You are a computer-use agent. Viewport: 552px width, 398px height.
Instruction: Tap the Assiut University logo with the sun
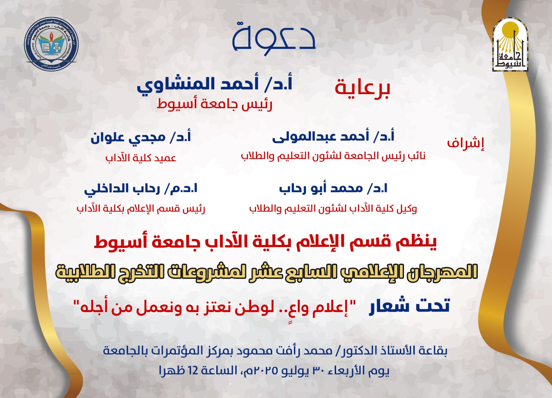510,44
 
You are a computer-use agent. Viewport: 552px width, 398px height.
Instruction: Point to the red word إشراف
466,143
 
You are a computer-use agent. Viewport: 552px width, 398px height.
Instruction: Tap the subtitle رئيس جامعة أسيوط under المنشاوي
214,105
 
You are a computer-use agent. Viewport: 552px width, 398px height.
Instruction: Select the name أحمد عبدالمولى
321,136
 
